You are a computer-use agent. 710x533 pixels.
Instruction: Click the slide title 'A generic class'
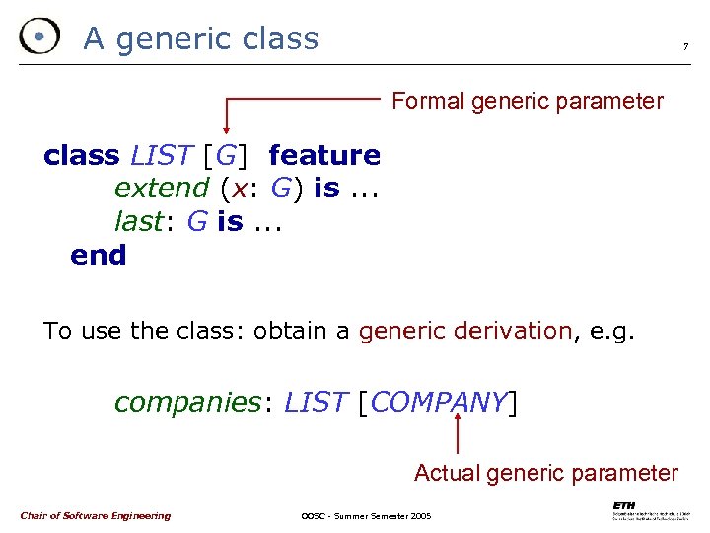click(201, 38)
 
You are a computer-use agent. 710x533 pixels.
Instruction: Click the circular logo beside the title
click(38, 38)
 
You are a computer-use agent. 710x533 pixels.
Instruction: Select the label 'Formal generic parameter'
click(528, 101)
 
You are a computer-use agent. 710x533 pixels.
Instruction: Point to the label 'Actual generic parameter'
click(546, 473)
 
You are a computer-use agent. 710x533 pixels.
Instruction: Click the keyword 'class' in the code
click(82, 155)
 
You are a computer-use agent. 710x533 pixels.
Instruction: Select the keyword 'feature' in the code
click(323, 155)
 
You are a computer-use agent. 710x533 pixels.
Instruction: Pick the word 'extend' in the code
click(162, 188)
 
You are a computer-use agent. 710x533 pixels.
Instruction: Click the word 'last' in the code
click(137, 221)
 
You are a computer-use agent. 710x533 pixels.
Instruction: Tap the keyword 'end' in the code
click(99, 255)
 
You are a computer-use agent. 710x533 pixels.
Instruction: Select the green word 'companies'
click(186, 402)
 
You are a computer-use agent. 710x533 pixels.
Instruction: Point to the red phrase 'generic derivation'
click(464, 331)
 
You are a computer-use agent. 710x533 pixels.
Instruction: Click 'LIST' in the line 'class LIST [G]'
click(162, 155)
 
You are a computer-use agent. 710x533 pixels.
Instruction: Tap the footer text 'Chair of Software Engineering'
click(95, 515)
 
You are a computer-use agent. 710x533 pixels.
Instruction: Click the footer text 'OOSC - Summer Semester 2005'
click(366, 516)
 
